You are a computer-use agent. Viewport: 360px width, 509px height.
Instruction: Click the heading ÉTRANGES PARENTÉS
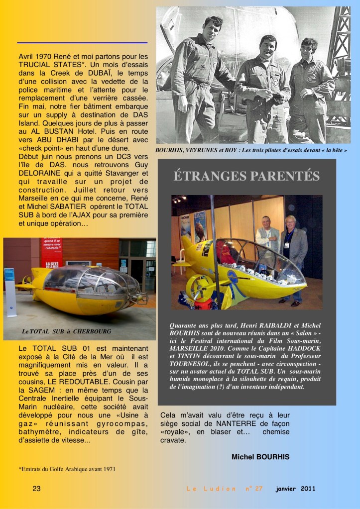(x=246, y=176)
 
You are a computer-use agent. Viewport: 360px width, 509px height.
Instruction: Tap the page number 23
(x=36, y=489)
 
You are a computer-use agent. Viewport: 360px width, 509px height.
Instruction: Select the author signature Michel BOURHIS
(x=260, y=457)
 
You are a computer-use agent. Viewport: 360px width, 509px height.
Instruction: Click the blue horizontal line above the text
(x=82, y=43)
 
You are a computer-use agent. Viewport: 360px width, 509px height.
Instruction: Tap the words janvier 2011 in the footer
(x=295, y=489)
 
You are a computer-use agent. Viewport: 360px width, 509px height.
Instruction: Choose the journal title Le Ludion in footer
(x=211, y=489)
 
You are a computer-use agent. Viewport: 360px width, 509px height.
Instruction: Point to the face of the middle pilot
(x=268, y=46)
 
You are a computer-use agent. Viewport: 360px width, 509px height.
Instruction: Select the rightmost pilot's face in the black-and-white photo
(x=309, y=49)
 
